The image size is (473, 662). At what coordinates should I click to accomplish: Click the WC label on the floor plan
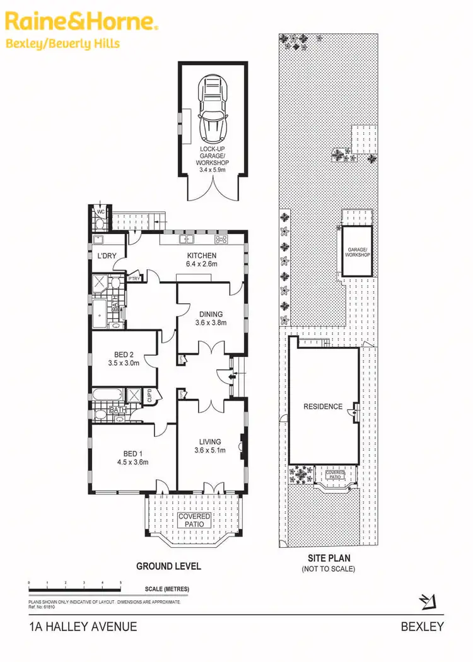100,212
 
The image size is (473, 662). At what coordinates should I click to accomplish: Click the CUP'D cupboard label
150,396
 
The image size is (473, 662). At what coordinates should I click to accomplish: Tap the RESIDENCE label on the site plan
323,407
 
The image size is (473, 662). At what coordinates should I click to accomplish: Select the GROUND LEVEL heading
169,566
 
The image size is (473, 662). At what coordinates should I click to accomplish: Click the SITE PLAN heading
329,559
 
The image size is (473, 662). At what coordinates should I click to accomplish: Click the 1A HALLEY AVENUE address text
83,627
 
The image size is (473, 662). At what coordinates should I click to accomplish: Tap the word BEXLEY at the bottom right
423,627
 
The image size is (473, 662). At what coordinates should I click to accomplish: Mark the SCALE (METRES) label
166,589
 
